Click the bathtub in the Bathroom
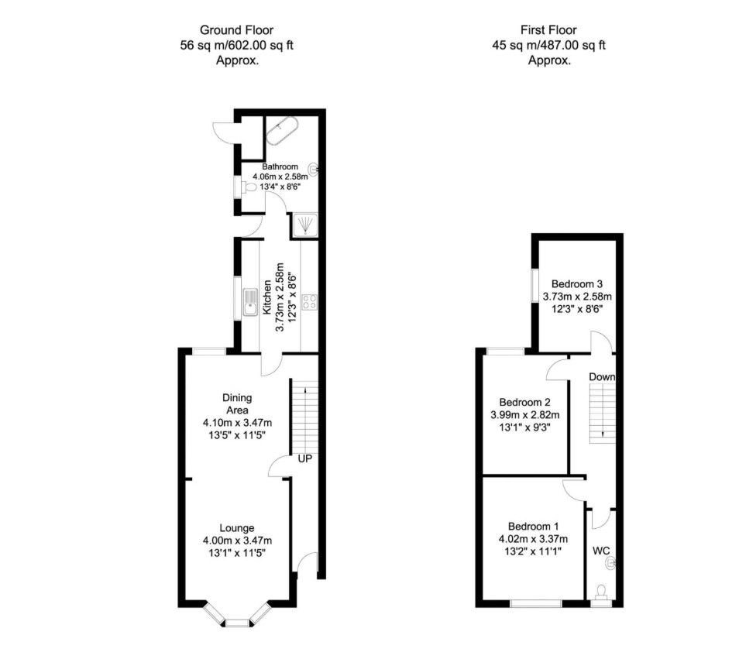282,130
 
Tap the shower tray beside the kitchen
304,225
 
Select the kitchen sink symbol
249,302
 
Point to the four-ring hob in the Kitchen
310,302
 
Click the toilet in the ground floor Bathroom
249,187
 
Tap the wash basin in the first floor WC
611,562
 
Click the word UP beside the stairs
305,458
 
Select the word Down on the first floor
602,377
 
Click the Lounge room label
237,528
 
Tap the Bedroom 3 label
577,284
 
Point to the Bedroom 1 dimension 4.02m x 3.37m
533,539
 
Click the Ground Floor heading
236,30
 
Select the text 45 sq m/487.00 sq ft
548,45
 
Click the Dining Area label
237,403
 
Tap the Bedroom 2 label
524,402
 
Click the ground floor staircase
305,416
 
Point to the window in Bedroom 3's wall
535,285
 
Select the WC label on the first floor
601,551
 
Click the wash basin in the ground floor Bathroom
314,169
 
